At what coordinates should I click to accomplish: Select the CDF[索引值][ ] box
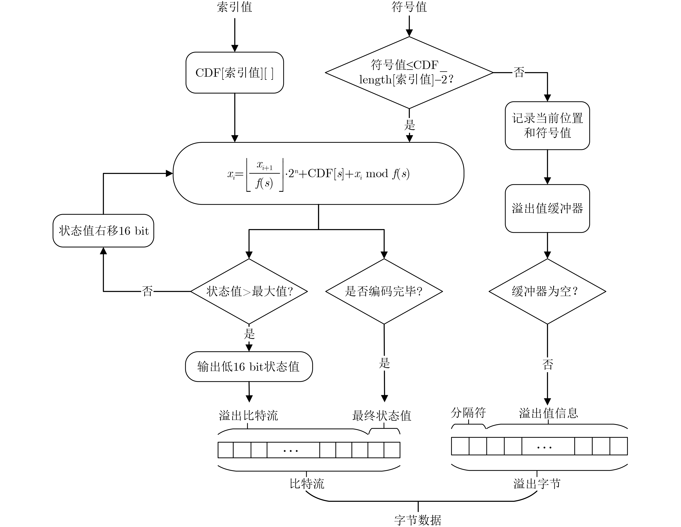[x=235, y=73]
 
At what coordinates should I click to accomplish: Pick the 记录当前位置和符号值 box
[x=547, y=126]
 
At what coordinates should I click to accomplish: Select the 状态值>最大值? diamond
[x=249, y=291]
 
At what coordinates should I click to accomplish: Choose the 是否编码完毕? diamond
[x=384, y=291]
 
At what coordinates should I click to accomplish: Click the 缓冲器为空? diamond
[x=547, y=291]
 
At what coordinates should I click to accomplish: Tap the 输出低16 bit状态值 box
[x=249, y=367]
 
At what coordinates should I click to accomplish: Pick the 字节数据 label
[x=418, y=520]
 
